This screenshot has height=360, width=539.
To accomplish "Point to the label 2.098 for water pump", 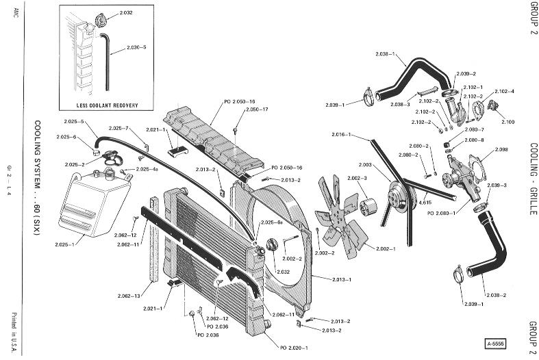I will coord(501,149).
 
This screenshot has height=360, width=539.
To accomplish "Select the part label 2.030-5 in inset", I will coord(138,47).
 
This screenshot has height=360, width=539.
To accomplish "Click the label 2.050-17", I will coord(256,110).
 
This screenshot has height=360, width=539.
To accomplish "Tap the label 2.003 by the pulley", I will coord(365,165).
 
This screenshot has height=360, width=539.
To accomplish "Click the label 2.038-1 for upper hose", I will coord(388,54).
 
